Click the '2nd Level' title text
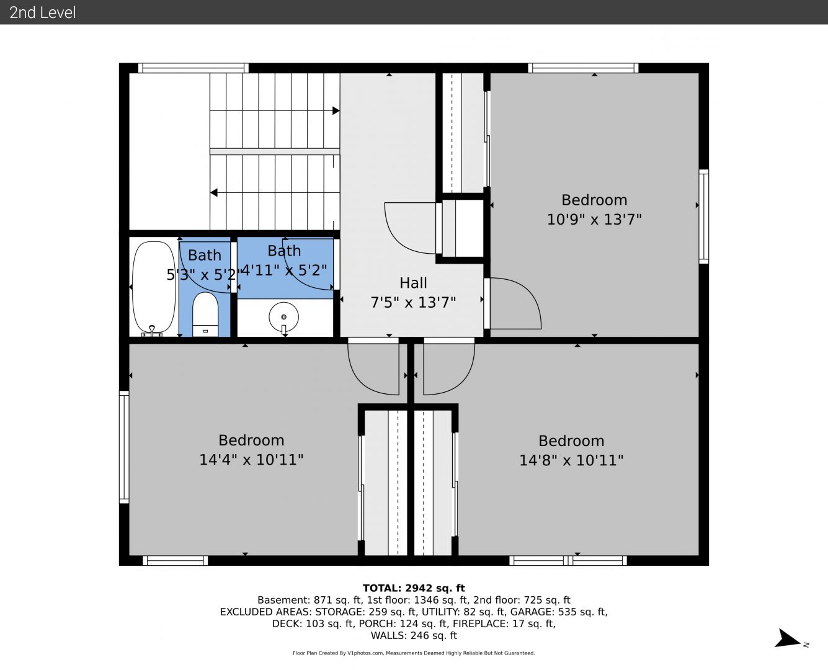(42, 12)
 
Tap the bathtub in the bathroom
(154, 288)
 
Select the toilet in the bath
(205, 314)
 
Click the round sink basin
(284, 317)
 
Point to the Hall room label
(413, 283)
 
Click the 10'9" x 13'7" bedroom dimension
(594, 220)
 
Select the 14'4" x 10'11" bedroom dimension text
(251, 460)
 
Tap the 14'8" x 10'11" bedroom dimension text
(571, 460)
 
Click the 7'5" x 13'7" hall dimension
(413, 302)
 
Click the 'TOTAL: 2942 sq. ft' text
(414, 588)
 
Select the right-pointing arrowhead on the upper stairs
(336, 111)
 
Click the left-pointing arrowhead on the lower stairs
(214, 192)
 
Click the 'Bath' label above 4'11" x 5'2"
(284, 251)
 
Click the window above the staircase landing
(194, 68)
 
